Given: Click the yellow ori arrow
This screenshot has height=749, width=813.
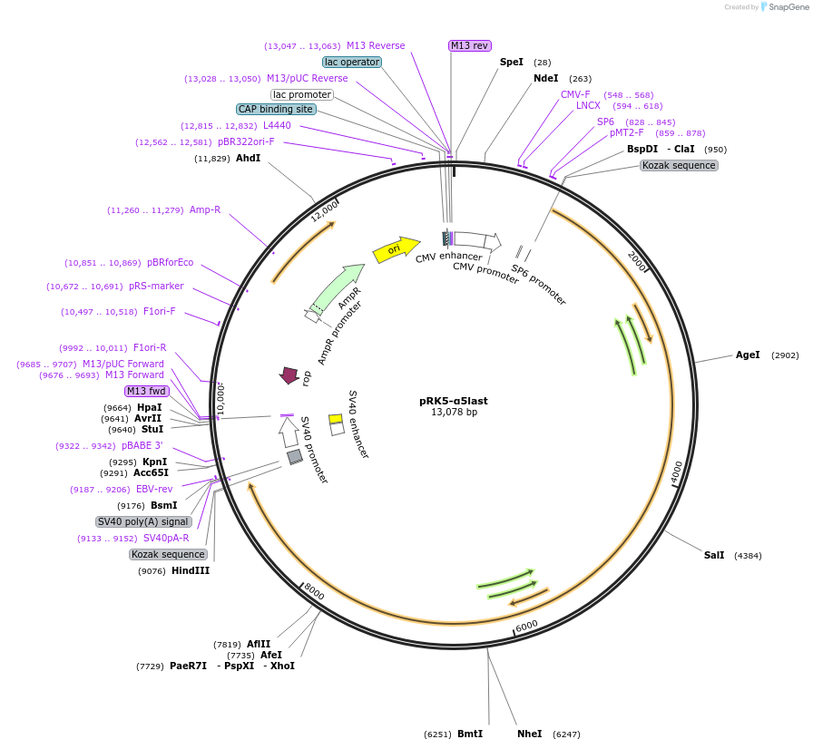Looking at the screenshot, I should [396, 248].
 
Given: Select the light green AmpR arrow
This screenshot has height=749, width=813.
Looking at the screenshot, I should [337, 287].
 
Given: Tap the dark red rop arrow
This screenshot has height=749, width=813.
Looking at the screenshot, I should [289, 374].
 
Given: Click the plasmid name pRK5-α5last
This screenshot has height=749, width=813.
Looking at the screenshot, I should [454, 400].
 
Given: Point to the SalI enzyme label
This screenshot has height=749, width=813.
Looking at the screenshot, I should [713, 555].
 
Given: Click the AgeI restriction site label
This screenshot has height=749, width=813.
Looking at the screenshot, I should [748, 355].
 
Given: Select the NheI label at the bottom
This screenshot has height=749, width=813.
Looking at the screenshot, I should [529, 734].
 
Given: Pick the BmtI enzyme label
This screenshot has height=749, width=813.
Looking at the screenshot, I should [470, 734].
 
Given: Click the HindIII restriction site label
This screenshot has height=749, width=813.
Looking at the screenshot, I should [191, 570].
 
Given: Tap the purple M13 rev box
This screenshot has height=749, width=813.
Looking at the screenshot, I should [469, 45].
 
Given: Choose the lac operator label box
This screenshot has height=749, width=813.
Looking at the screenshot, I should [352, 62].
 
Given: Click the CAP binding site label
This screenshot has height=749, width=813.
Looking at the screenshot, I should [276, 109].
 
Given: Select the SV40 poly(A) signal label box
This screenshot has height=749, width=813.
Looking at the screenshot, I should [143, 521].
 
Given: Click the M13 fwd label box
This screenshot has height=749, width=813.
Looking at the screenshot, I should [147, 391].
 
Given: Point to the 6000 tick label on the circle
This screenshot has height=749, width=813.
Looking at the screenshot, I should [525, 626].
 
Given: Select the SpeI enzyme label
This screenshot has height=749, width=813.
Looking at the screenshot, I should [512, 62].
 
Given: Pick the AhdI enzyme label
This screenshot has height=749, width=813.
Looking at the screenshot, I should [248, 158].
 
